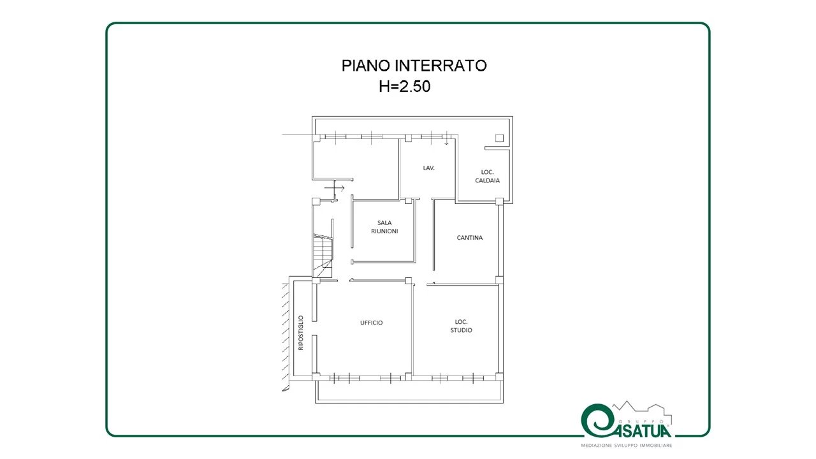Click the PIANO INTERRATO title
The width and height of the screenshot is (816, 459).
(x=414, y=66)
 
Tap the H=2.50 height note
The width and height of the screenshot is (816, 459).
(x=404, y=86)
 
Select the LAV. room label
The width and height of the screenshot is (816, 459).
(x=429, y=168)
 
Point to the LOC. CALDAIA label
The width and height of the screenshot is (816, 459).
(x=487, y=177)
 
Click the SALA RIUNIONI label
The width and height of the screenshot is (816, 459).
(x=384, y=227)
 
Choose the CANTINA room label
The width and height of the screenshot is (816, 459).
(x=470, y=238)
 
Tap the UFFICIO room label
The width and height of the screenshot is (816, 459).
(x=371, y=323)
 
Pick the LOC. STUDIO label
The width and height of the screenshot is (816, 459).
(x=461, y=326)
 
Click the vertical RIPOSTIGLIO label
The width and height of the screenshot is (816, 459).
(x=300, y=333)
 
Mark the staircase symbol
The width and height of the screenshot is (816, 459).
(x=323, y=255)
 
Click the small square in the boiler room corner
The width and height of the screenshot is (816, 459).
(x=499, y=138)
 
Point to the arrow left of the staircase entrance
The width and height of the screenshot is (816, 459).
(x=335, y=188)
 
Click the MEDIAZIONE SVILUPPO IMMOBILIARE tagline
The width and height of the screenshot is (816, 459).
(x=626, y=446)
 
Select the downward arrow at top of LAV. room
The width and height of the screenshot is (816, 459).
(x=446, y=139)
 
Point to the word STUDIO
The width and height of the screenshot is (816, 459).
(x=461, y=330)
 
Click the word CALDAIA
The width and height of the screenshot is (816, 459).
(x=487, y=180)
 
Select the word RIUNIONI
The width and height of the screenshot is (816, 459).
(x=384, y=231)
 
